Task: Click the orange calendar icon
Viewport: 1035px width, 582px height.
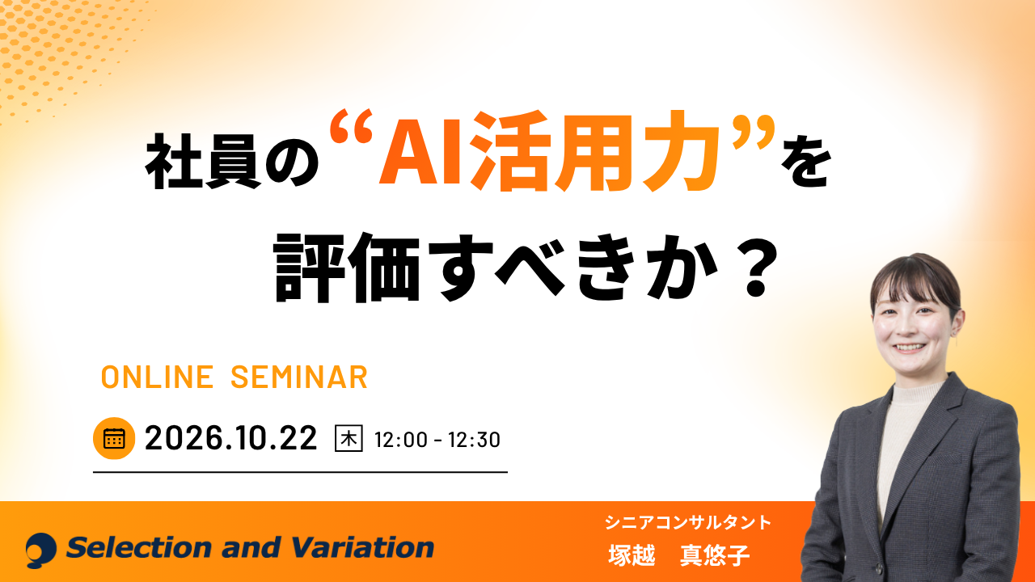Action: point(114,438)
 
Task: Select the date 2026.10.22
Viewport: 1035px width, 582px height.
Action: point(231,438)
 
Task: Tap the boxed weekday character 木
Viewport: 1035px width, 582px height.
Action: point(349,438)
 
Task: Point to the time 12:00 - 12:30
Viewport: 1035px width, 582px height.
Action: point(437,440)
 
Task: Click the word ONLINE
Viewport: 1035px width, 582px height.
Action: point(157,377)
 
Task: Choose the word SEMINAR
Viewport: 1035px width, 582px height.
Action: point(299,377)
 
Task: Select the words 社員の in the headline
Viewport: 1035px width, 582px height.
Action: point(232,162)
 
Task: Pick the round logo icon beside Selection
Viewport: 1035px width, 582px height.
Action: point(40,550)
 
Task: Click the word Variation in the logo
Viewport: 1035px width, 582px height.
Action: point(363,548)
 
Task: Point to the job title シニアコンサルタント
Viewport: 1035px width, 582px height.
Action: point(688,522)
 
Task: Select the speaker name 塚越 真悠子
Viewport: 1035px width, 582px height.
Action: point(678,555)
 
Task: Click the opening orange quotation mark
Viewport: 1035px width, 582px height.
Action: point(352,127)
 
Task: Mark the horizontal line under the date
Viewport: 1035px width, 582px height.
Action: point(300,472)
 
